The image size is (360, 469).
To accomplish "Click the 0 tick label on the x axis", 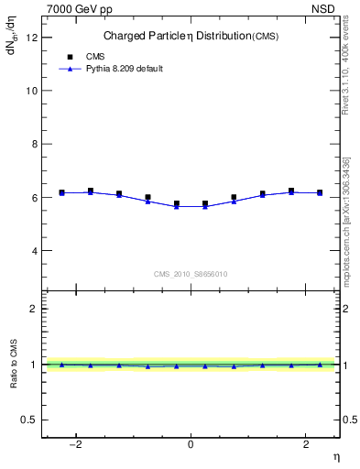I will coord(191,443).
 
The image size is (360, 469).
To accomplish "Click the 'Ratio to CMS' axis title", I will coord(14,365).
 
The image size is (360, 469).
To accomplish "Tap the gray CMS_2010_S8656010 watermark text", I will coord(191,274).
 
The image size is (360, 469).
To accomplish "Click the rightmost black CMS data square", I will coord(320,192).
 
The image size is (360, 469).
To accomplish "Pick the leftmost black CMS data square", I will coord(61,192).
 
